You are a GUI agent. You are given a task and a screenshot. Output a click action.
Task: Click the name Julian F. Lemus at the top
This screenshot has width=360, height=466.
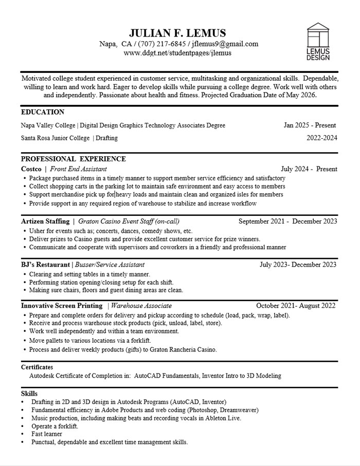178,33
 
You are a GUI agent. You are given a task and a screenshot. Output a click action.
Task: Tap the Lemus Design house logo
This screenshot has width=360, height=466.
318,41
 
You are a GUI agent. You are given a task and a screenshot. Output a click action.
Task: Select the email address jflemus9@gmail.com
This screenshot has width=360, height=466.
225,44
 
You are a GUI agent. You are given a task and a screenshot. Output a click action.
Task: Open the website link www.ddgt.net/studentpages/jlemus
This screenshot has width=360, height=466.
177,53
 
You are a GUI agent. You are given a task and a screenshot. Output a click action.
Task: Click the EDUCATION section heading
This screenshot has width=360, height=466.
43,112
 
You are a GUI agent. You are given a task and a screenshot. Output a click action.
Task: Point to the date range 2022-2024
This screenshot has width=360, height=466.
321,138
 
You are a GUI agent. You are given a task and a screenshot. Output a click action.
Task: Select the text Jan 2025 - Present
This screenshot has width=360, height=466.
310,125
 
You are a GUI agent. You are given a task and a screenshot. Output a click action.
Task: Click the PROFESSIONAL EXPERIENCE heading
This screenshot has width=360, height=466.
74,159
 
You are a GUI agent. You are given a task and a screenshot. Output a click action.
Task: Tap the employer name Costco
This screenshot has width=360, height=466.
31,169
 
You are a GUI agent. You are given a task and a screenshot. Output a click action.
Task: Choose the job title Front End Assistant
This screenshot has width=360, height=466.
78,169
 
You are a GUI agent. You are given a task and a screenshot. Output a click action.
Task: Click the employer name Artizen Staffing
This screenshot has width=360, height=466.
45,221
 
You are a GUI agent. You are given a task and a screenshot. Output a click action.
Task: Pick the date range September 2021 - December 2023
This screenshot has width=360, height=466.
288,221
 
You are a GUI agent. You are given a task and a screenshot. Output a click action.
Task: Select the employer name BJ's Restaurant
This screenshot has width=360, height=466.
46,265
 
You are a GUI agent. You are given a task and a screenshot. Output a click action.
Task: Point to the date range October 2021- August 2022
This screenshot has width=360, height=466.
296,306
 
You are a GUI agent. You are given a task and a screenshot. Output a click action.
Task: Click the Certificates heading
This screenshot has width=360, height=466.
37,367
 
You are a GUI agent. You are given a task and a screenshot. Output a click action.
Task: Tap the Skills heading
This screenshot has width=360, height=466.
29,394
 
